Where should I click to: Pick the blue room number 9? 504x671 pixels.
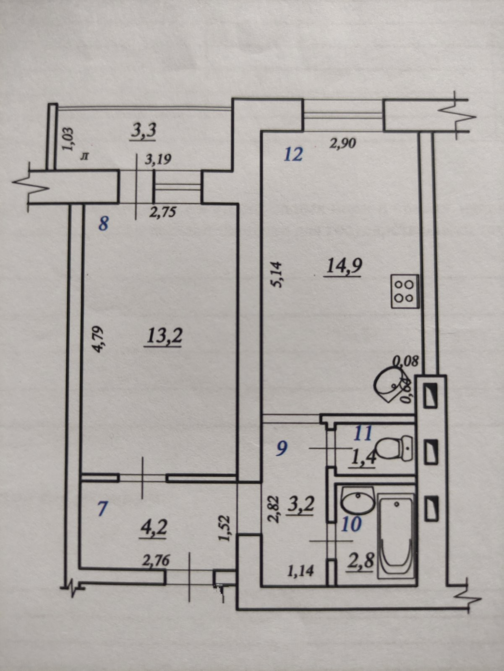pos(282,449)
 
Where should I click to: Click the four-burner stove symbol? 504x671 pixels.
pos(405,291)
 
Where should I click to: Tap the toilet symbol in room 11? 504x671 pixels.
pos(394,448)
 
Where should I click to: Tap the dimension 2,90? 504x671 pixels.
pos(342,144)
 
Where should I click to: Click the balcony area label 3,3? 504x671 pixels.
pos(144,131)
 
